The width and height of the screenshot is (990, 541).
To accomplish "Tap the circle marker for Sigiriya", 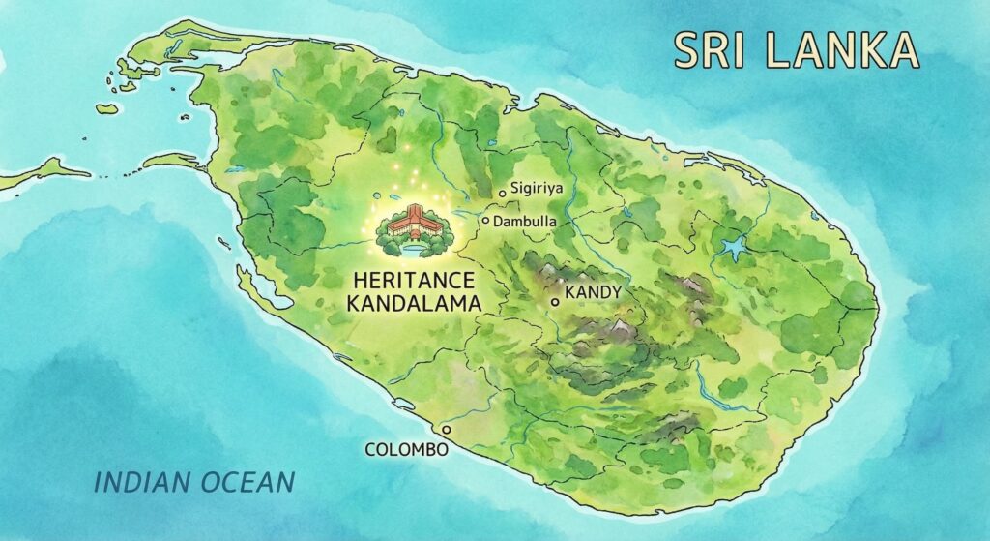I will pyautogui.click(x=503, y=194).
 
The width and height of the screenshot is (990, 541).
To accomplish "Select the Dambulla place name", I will pyautogui.click(x=526, y=222).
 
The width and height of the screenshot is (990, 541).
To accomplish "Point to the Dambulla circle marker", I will pyautogui.click(x=486, y=220).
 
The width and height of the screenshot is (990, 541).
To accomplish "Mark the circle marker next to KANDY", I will pyautogui.click(x=555, y=303).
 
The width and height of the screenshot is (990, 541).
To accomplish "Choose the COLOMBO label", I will pyautogui.click(x=406, y=450).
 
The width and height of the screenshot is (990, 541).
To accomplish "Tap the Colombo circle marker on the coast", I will pyautogui.click(x=446, y=429).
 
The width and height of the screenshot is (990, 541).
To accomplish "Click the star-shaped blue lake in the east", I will pyautogui.click(x=735, y=248).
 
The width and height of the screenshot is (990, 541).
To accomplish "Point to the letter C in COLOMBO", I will pyautogui.click(x=370, y=450).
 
